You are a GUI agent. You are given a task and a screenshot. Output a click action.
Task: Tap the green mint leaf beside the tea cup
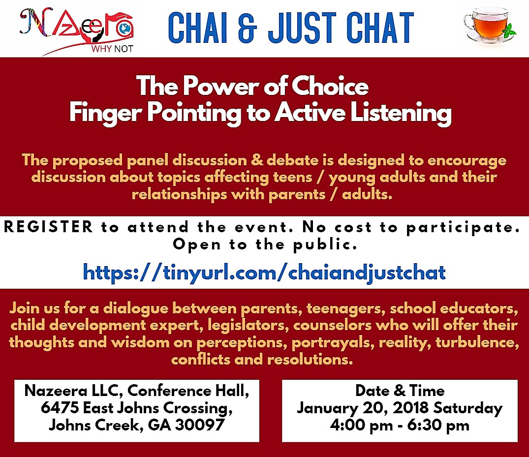click(x=509, y=32)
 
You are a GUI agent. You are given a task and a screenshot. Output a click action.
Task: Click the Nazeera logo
click(x=77, y=30)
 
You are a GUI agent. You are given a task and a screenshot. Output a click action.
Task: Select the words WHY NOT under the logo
click(x=112, y=49)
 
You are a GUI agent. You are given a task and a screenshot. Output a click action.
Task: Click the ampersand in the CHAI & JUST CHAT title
click(x=248, y=28)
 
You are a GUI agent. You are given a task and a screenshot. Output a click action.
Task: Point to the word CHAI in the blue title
click(x=198, y=28)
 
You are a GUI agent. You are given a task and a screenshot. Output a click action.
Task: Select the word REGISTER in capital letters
click(x=48, y=226)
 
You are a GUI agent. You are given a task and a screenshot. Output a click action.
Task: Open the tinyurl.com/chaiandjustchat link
click(x=264, y=273)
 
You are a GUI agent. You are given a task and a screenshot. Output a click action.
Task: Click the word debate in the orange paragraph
click(x=292, y=160)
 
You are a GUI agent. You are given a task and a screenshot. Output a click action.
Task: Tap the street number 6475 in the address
click(x=60, y=408)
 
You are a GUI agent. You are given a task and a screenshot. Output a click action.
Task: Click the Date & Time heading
click(x=400, y=391)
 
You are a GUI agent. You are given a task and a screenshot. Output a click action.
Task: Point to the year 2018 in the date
click(x=410, y=408)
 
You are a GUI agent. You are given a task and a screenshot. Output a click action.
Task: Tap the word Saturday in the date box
click(x=468, y=408)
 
